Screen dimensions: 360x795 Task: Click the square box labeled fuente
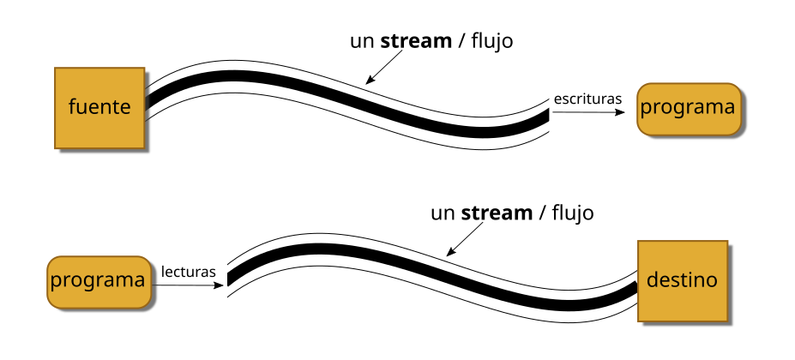coord(99,107)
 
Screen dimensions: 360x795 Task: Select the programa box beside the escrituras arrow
coord(688,108)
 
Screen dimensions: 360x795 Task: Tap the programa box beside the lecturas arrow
coord(97,280)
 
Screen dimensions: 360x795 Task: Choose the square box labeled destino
coord(682,280)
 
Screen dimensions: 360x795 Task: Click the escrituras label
coord(587,99)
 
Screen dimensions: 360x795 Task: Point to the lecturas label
coord(187,272)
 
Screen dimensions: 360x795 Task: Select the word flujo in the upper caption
coord(491,40)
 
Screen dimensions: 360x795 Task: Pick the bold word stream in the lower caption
coord(497,212)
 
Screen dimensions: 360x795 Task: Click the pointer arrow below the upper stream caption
coord(384,67)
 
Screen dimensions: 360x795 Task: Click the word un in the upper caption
coord(361,40)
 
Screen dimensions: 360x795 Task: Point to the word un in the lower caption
coord(442,212)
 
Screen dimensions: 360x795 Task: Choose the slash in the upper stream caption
coord(461,40)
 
